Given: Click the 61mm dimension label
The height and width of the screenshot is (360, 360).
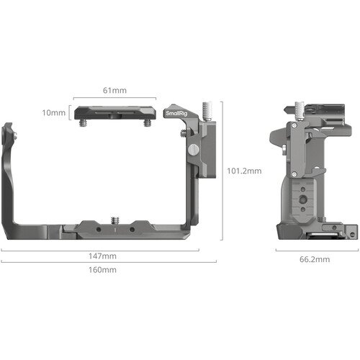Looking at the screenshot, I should [114, 91].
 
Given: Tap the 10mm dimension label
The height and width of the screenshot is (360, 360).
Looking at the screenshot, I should [53, 113].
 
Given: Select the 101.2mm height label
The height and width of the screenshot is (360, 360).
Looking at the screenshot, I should [245, 171].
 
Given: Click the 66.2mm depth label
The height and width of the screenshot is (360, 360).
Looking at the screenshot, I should [315, 259].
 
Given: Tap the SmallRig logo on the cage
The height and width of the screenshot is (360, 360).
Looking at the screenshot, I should [175, 113].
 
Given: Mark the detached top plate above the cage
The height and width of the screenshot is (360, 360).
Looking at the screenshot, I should [114, 112].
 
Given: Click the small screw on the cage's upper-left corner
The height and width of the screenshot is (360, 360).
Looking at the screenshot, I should [9, 132].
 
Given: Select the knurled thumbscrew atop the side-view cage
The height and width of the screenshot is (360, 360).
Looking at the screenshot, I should [299, 110].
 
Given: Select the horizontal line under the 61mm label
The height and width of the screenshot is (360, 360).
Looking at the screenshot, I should [114, 99].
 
